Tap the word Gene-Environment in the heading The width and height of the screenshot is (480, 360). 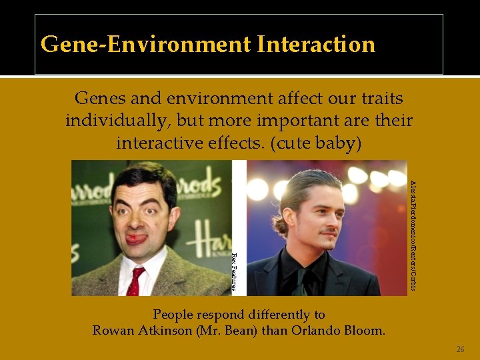point(144,45)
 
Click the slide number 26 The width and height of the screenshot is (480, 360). point(460,349)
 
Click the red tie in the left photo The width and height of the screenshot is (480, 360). point(137,280)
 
